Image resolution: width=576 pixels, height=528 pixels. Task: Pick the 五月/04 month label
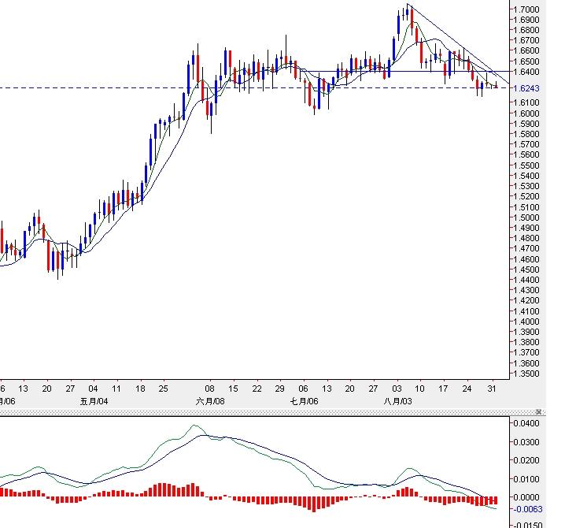(94, 401)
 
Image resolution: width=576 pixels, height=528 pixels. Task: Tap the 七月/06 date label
(305, 401)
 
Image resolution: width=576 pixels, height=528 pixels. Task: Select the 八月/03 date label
(397, 401)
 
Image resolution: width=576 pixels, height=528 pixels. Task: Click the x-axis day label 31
(491, 389)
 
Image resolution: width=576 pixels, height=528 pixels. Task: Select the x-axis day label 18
(140, 389)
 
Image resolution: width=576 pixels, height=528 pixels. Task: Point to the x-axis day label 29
(279, 389)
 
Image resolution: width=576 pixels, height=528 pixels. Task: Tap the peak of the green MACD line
(196, 426)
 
